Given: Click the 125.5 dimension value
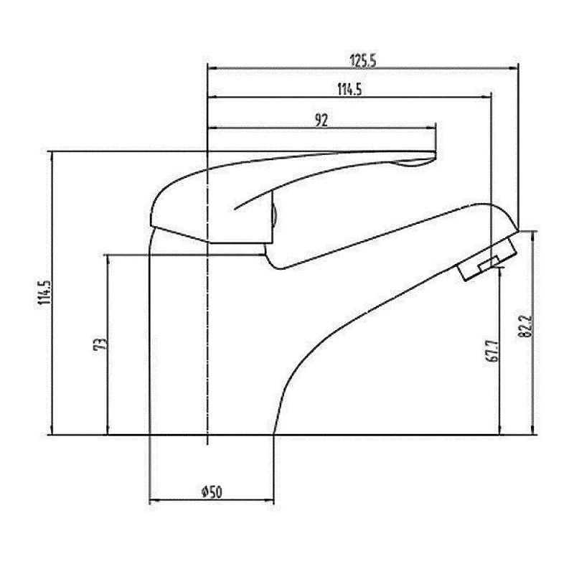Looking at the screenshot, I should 363,60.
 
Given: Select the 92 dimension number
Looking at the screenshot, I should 321,121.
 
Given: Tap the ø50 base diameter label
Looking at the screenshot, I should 212,491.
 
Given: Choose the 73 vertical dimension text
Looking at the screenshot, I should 101,344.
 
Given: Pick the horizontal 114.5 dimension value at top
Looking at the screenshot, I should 348,90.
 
